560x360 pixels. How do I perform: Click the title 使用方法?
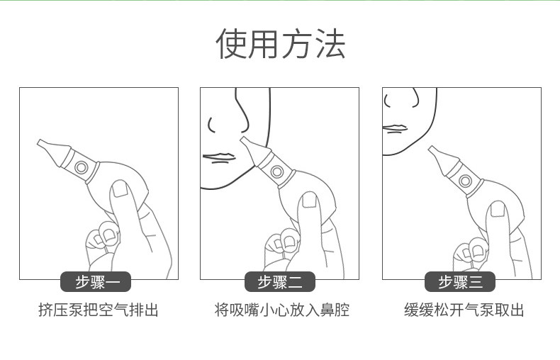coord(281,44)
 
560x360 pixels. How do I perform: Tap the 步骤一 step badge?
coord(96,282)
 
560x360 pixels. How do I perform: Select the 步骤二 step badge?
coord(279,282)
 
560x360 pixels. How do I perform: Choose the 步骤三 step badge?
coord(460,282)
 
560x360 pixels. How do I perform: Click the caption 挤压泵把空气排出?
coord(99,310)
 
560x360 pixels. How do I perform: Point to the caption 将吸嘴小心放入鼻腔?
coord(282,310)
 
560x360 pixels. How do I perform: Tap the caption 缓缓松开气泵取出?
coord(464,310)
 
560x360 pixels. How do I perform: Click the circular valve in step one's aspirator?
coord(81,167)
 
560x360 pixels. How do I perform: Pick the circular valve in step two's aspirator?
coord(276,171)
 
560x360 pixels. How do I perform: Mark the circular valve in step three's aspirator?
coord(465,181)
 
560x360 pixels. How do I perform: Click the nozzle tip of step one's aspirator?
coord(39,142)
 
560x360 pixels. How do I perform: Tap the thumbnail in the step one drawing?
coord(120,189)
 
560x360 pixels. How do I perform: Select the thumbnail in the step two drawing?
coord(309,200)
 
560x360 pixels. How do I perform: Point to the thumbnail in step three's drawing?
coord(498,209)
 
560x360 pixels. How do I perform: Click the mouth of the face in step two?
coord(218,158)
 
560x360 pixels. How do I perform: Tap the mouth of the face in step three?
coord(395,128)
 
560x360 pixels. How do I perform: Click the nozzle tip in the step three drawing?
coord(431,149)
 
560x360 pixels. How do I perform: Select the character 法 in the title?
coord(330,44)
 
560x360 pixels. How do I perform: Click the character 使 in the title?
coord(231,44)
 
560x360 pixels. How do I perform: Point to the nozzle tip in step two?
coord(243,140)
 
